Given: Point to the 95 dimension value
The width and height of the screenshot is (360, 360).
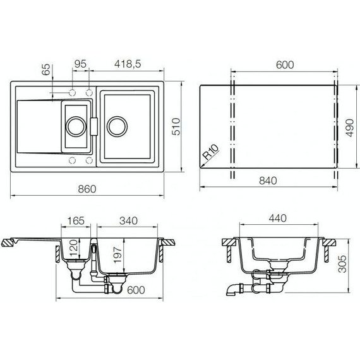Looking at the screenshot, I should tap(80, 64).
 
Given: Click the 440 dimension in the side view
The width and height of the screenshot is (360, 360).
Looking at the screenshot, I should tap(278, 219).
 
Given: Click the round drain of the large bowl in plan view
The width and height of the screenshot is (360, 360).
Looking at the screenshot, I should tap(116, 125).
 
